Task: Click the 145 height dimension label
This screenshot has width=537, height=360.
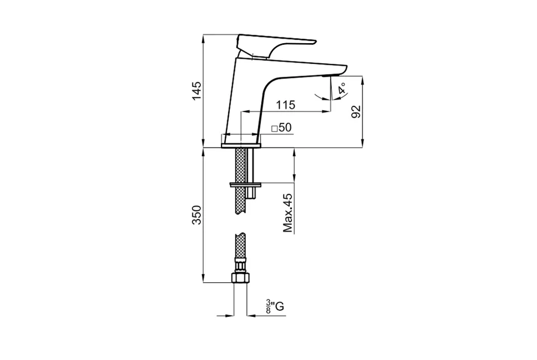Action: point(196,91)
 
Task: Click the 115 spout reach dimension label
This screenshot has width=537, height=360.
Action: point(286,105)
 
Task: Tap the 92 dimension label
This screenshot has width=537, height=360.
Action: point(356,112)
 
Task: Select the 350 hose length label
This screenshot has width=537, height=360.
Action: point(196,215)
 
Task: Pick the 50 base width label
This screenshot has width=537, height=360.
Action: point(285,128)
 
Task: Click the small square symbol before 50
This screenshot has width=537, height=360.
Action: point(274,129)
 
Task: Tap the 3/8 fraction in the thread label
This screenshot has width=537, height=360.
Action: point(268,306)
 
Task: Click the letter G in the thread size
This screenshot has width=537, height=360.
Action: point(280,306)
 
